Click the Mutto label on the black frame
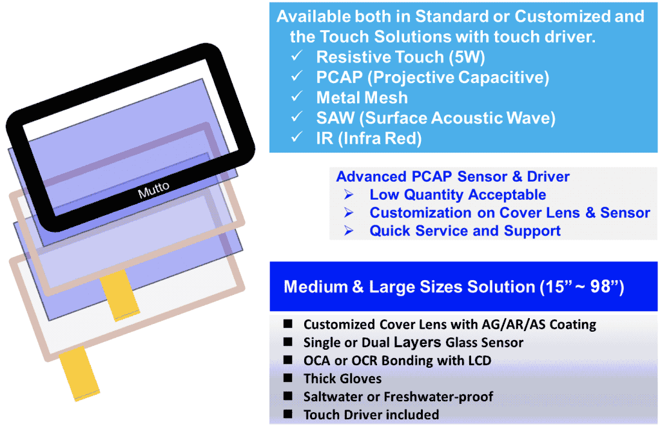tap(153, 190)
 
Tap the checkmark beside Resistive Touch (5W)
tap(296, 55)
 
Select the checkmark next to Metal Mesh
tap(296, 97)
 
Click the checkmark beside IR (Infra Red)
tap(296, 137)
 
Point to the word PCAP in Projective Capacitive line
tap(339, 77)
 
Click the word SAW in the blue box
tap(335, 119)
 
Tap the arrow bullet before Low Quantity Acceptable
tap(349, 195)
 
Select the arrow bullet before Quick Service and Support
tap(349, 231)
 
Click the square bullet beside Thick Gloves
tap(288, 378)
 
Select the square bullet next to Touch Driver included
tap(288, 414)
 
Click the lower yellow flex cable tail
tap(80, 373)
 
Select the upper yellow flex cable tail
tap(121, 295)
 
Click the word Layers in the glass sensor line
tap(417, 343)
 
